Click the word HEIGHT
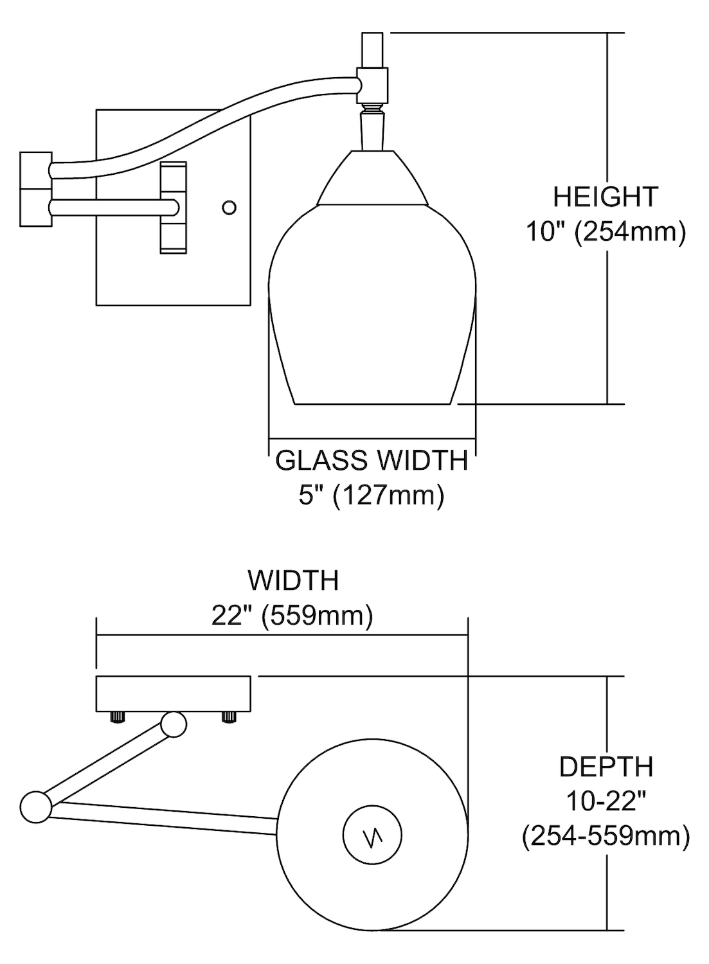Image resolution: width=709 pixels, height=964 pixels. click(x=606, y=197)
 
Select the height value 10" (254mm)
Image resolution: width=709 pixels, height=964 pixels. click(x=606, y=231)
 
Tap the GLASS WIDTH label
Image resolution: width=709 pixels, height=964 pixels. click(x=372, y=461)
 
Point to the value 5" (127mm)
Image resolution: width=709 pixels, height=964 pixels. click(x=372, y=495)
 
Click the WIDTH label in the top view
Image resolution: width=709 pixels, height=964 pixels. click(x=293, y=580)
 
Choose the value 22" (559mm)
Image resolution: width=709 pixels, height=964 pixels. click(x=292, y=616)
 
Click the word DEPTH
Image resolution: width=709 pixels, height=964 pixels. click(x=606, y=767)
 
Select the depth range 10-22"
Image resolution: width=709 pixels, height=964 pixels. click(x=606, y=801)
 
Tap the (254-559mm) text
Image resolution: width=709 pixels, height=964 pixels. click(x=606, y=836)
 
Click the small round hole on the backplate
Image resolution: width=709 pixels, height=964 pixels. click(x=229, y=208)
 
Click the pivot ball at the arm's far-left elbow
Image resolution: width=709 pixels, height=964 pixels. click(x=35, y=807)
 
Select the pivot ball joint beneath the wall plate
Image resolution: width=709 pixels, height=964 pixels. click(x=174, y=724)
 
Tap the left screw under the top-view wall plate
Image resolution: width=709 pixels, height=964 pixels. click(x=117, y=717)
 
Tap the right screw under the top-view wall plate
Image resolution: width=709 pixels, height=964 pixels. click(x=229, y=717)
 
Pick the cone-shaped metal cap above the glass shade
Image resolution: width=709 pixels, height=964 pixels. click(x=373, y=179)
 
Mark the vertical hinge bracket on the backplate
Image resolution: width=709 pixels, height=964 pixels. click(x=174, y=207)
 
